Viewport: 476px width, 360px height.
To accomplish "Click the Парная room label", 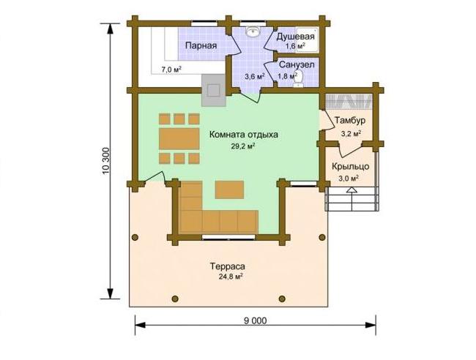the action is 201,46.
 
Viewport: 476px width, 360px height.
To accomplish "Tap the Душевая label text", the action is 295,37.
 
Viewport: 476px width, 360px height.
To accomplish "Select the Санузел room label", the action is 297,65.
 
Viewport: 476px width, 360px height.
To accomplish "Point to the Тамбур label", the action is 350,121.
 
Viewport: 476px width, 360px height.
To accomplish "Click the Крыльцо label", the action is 350,167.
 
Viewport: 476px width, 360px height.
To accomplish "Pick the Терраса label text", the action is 227,267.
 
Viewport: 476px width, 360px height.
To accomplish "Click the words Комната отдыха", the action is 243,135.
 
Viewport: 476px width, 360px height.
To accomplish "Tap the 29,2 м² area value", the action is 243,146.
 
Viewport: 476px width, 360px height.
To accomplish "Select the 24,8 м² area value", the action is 231,277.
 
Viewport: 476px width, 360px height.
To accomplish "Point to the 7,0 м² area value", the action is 171,70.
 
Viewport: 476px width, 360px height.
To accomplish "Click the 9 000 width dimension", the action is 256,320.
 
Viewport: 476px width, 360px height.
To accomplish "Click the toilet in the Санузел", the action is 298,78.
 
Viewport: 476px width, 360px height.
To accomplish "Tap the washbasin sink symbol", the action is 253,31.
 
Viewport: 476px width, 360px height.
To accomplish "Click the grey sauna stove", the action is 214,90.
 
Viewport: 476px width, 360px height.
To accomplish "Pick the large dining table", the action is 179,138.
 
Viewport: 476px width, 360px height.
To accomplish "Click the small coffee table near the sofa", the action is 229,190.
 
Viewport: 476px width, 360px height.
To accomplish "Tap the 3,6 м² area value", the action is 254,76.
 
